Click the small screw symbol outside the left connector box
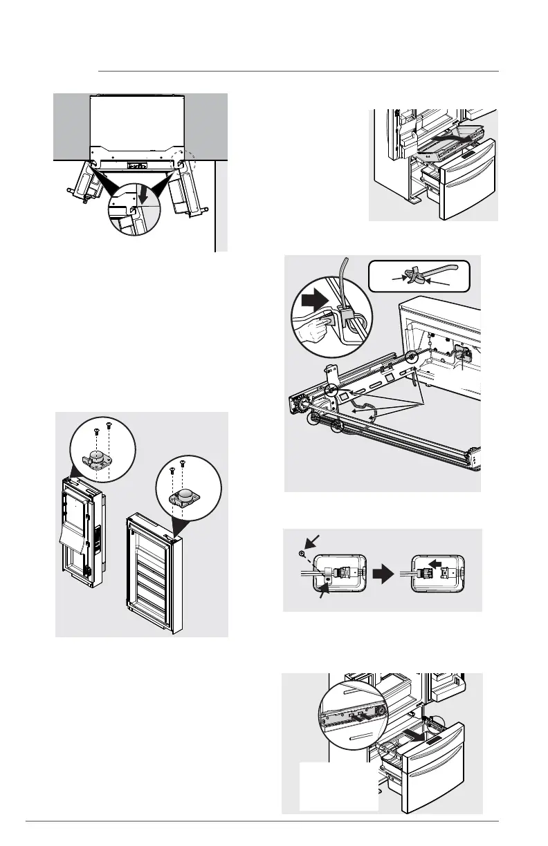(302, 554)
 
